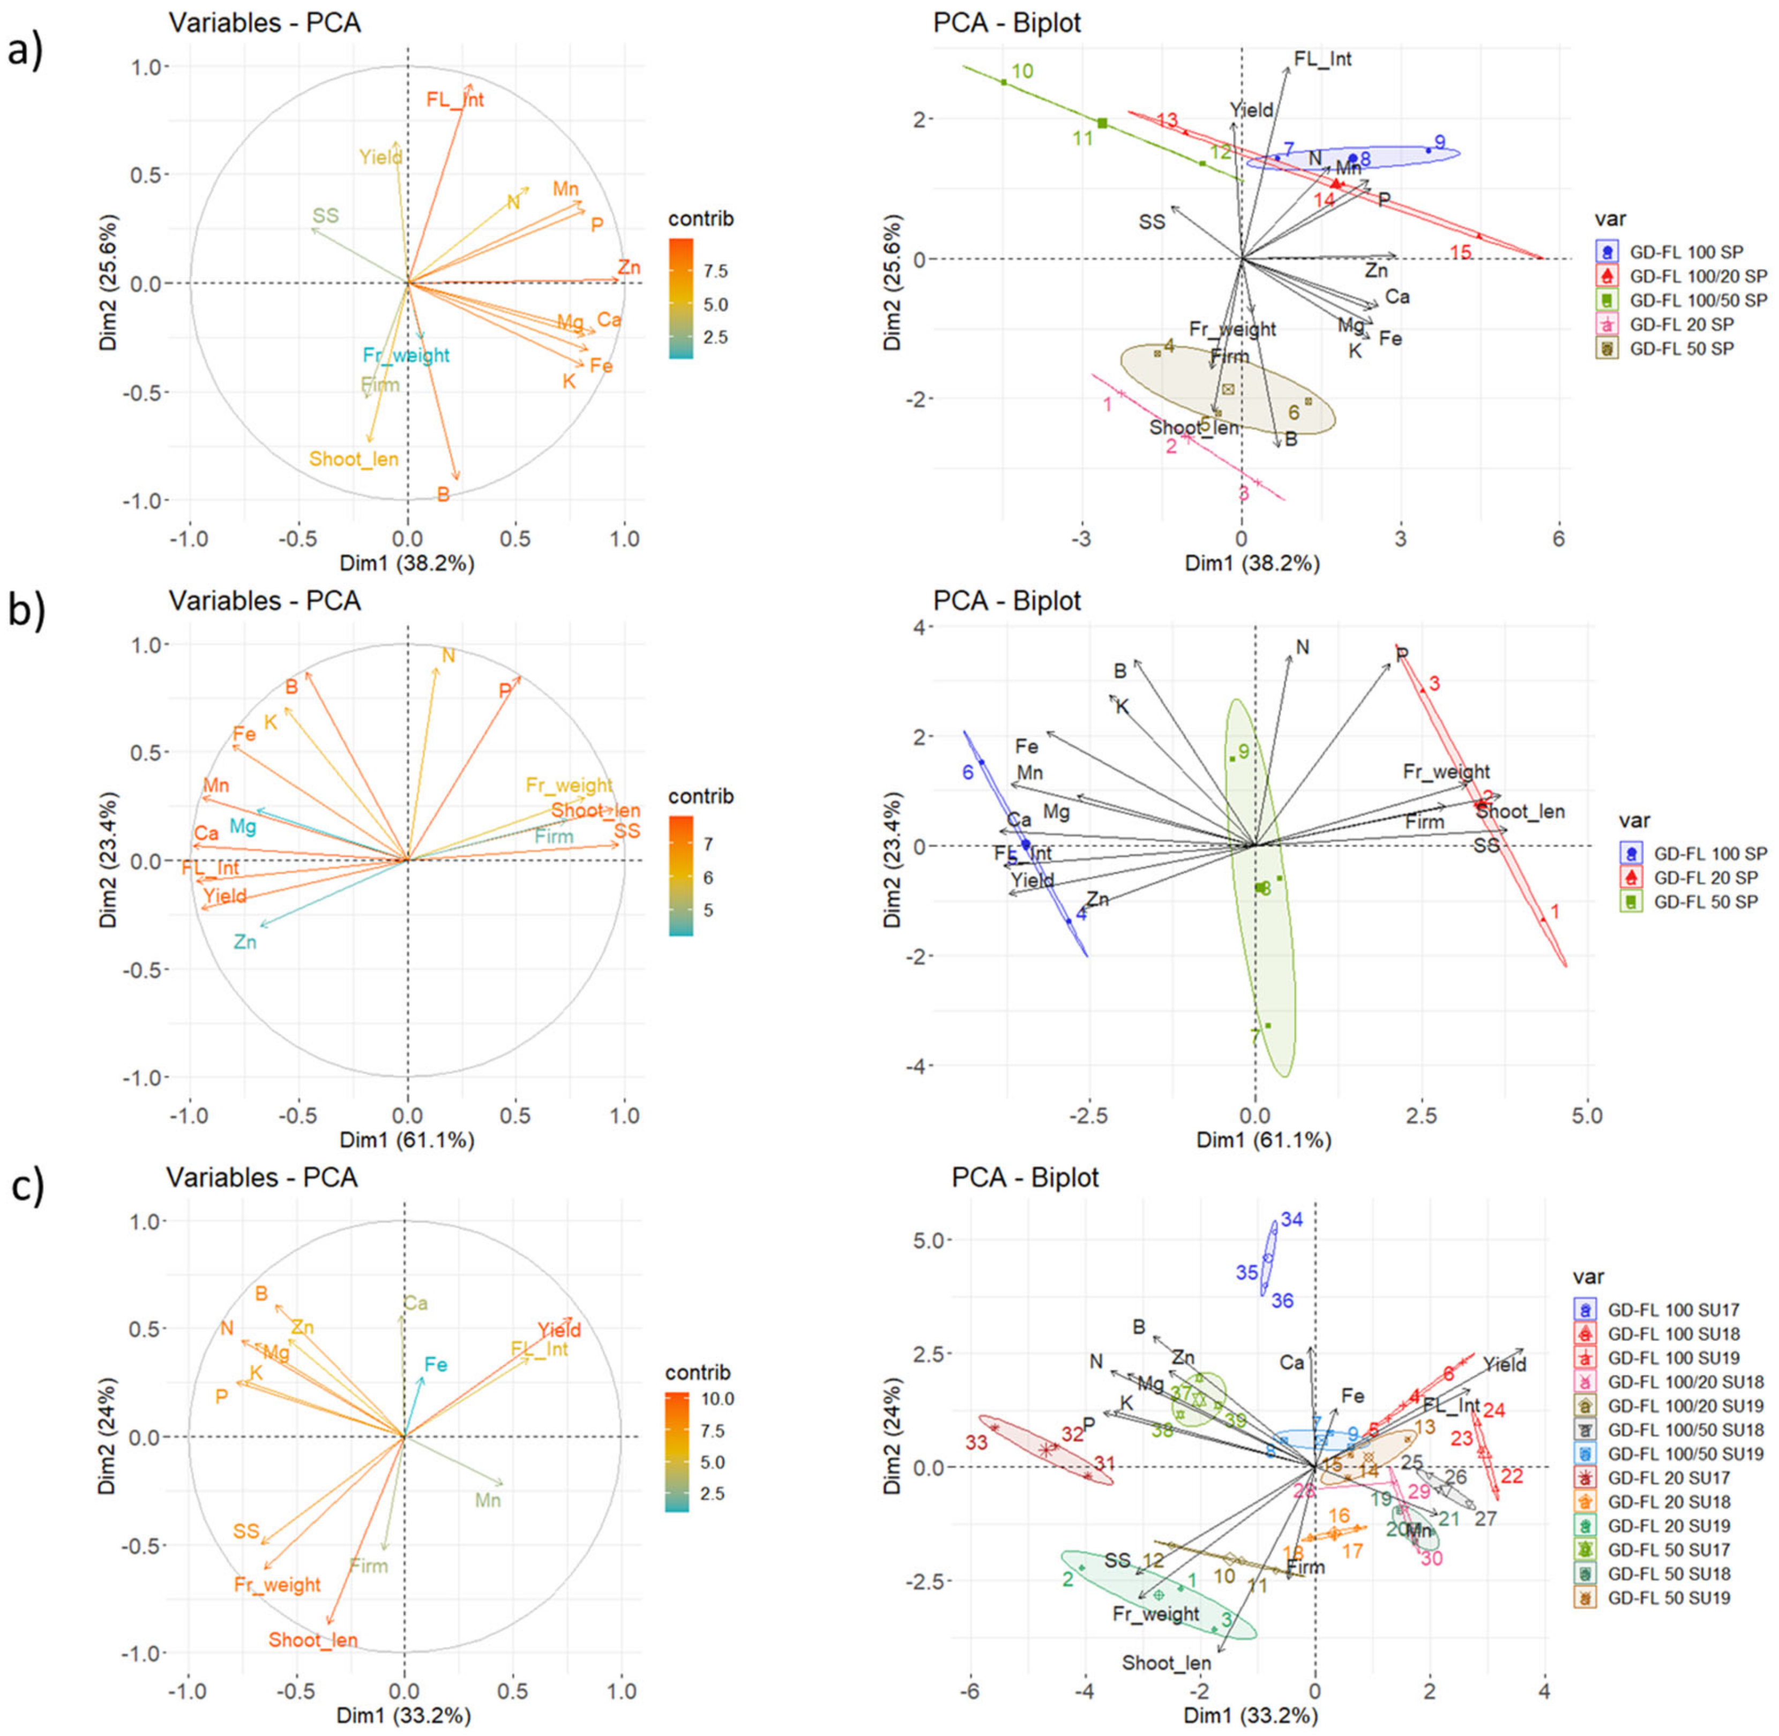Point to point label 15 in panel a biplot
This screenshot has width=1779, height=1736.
(x=1461, y=252)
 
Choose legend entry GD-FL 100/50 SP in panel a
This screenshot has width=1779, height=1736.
(x=1698, y=300)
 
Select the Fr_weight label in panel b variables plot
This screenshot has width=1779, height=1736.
(x=569, y=785)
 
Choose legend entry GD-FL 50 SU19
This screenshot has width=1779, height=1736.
(x=1669, y=1597)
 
